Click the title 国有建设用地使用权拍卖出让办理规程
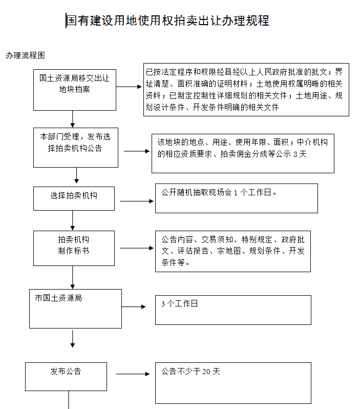click(167, 21)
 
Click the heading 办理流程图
click(25, 55)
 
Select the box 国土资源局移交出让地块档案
click(75, 90)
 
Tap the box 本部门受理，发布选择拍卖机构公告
click(76, 148)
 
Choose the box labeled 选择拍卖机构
click(74, 198)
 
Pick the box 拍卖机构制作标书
click(74, 248)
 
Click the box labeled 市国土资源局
click(75, 309)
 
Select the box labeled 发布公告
click(66, 376)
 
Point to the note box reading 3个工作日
click(233, 310)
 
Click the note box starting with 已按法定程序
click(246, 90)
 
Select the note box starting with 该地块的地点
click(243, 153)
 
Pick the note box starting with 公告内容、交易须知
click(233, 251)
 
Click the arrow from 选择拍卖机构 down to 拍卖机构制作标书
click(73, 220)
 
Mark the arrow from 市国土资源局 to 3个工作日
click(134, 306)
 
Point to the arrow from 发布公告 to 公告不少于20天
click(133, 374)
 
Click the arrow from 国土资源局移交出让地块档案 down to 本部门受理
click(73, 119)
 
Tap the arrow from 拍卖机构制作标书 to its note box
click(137, 248)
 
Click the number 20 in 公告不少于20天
click(206, 372)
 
